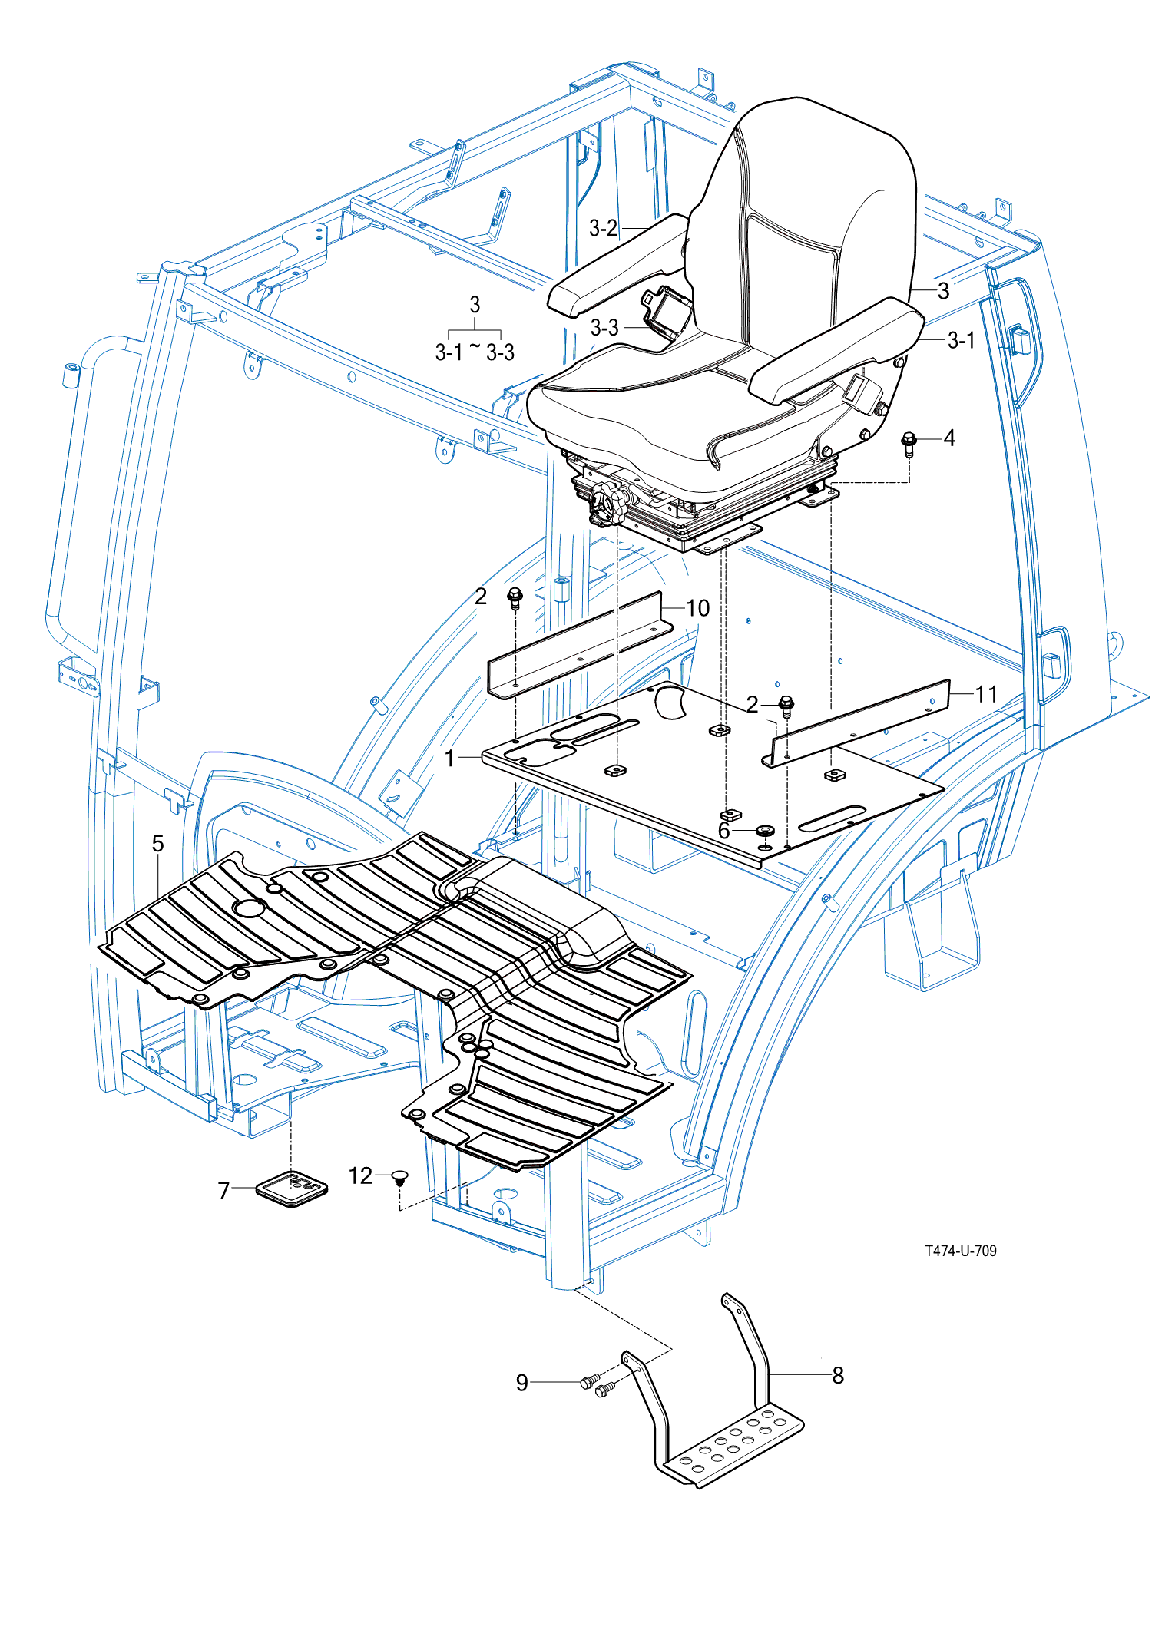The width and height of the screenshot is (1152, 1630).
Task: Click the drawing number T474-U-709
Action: coord(960,1251)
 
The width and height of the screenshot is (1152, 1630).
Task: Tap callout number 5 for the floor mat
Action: coord(157,844)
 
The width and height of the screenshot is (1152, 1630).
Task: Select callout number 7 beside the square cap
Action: coord(223,1190)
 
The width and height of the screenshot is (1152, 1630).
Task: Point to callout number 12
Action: coord(360,1175)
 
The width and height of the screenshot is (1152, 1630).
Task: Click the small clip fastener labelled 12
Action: coord(399,1178)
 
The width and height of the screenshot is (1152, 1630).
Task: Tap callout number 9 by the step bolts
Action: coord(522,1383)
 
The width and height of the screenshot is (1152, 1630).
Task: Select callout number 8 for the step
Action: coord(838,1375)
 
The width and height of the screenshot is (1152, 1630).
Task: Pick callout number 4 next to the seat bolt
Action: coord(949,438)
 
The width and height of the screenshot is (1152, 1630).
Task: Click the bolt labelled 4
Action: coord(909,443)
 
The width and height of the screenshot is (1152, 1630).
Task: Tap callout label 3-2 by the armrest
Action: coord(603,228)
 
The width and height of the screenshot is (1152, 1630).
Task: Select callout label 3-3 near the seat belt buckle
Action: coord(604,328)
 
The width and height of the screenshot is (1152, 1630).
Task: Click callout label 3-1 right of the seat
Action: coord(961,340)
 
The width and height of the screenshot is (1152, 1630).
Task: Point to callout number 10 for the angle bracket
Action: coord(697,608)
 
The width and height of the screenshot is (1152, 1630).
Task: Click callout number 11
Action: coord(986,694)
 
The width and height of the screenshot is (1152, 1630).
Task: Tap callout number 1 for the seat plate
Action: coord(450,759)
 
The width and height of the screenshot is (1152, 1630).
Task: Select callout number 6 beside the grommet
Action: coord(724,831)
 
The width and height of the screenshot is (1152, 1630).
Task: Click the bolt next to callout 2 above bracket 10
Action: coord(515,597)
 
